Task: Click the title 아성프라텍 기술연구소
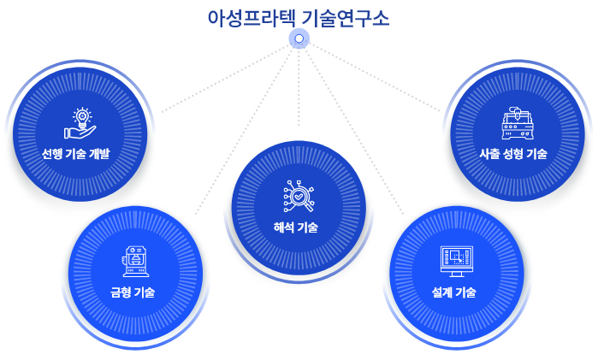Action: (299, 18)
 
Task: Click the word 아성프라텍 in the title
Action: (254, 18)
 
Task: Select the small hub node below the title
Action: (299, 38)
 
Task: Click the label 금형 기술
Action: (133, 292)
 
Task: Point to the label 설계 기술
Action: (454, 292)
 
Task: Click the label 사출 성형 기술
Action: (513, 154)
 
